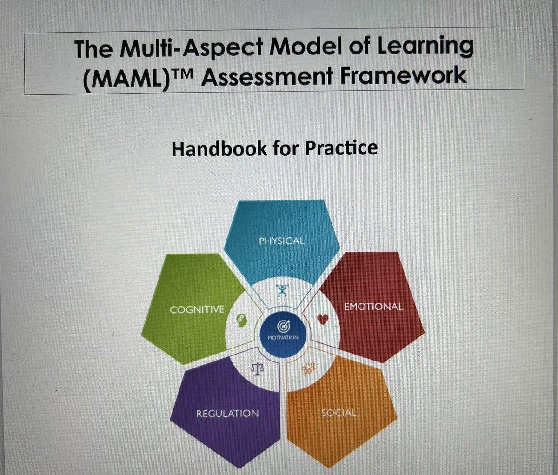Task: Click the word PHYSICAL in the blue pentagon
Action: coord(282,241)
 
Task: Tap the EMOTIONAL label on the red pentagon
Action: coord(373,307)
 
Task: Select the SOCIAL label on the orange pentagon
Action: coord(339,413)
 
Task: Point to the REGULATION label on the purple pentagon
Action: coord(227,413)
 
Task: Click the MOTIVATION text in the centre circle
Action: coord(283,337)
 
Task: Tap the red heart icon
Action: coord(324,319)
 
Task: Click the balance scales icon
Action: coord(257,370)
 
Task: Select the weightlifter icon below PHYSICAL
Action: coord(282,291)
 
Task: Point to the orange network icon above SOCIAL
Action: coord(308,369)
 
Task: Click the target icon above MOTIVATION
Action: coord(283,326)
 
